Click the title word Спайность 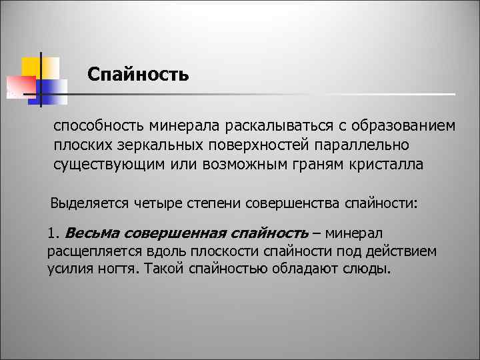pyautogui.click(x=138, y=73)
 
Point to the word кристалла pyautogui.click(x=385, y=165)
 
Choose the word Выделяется pyautogui.click(x=86, y=203)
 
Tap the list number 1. pyautogui.click(x=53, y=233)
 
